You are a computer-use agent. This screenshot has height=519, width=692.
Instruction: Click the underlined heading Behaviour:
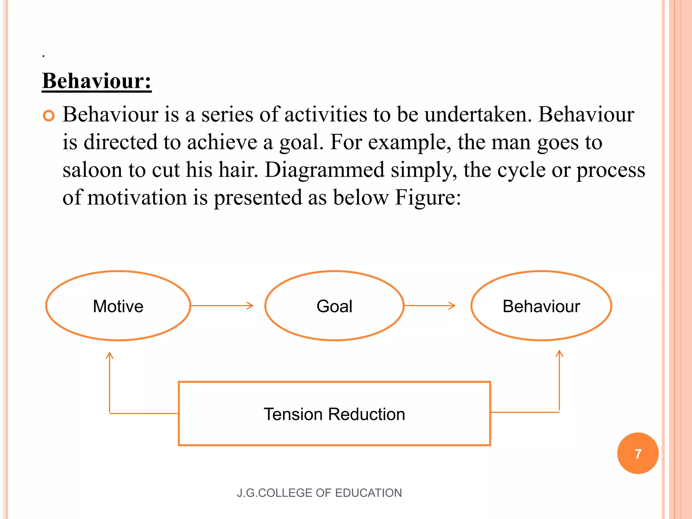point(97,81)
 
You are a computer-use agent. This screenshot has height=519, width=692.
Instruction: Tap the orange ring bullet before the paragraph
point(49,116)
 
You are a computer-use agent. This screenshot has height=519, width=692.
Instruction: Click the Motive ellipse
point(118,306)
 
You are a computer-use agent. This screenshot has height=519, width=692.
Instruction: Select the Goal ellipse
point(334,306)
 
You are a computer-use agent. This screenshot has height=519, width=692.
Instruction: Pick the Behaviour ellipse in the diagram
point(541,306)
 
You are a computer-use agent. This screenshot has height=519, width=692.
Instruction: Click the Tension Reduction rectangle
point(334,414)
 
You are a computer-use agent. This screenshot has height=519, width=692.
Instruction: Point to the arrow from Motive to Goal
point(222,306)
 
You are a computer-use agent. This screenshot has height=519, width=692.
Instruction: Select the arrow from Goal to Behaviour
point(429,306)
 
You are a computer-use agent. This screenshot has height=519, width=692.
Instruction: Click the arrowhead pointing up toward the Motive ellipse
point(109,355)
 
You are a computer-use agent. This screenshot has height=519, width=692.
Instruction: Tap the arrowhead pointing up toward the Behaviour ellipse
point(560,354)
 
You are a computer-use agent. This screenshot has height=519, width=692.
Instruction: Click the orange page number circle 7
point(638,453)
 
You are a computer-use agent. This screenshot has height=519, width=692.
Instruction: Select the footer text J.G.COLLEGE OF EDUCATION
point(319,493)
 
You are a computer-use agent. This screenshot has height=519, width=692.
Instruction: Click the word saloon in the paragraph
point(92,170)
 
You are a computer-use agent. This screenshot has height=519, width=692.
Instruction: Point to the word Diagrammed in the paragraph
point(324,170)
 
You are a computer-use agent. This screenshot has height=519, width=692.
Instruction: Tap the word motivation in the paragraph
point(137,197)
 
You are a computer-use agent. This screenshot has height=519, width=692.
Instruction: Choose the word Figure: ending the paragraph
point(428,197)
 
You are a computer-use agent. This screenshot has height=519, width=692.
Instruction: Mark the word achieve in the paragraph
point(222,142)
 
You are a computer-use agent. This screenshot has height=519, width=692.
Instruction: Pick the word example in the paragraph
point(409,142)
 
